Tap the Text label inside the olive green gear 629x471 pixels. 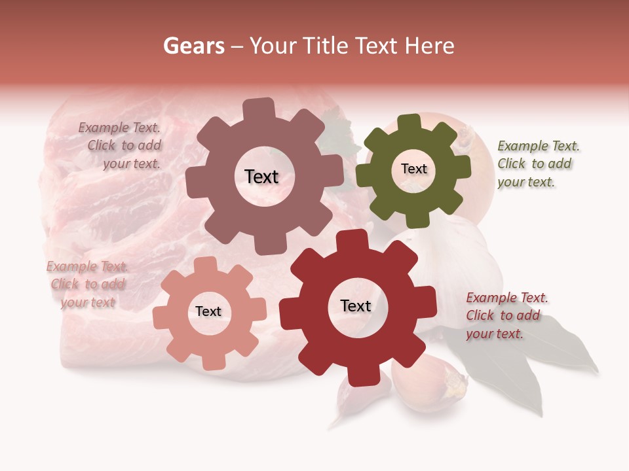click(x=413, y=169)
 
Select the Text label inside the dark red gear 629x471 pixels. click(x=356, y=305)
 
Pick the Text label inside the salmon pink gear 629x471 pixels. click(x=208, y=311)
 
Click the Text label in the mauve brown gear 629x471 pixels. click(x=261, y=177)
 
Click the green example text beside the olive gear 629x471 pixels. click(x=538, y=164)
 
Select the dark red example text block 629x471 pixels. click(x=506, y=315)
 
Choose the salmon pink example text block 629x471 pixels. click(x=87, y=284)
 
